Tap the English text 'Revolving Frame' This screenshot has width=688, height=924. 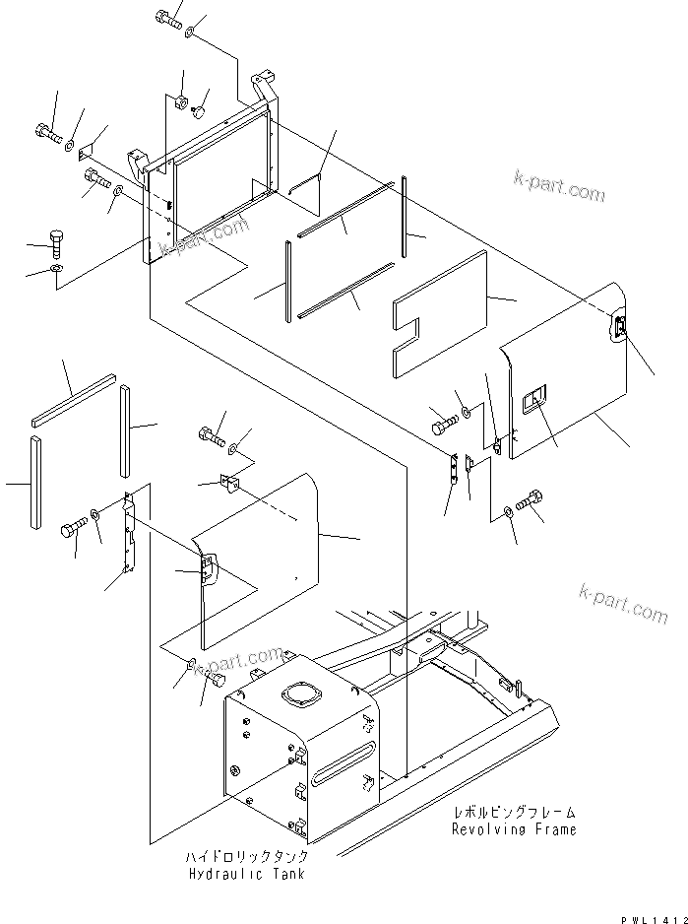click(515, 829)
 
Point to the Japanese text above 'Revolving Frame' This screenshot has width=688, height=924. click(515, 813)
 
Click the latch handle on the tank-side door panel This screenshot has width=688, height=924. click(207, 568)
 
